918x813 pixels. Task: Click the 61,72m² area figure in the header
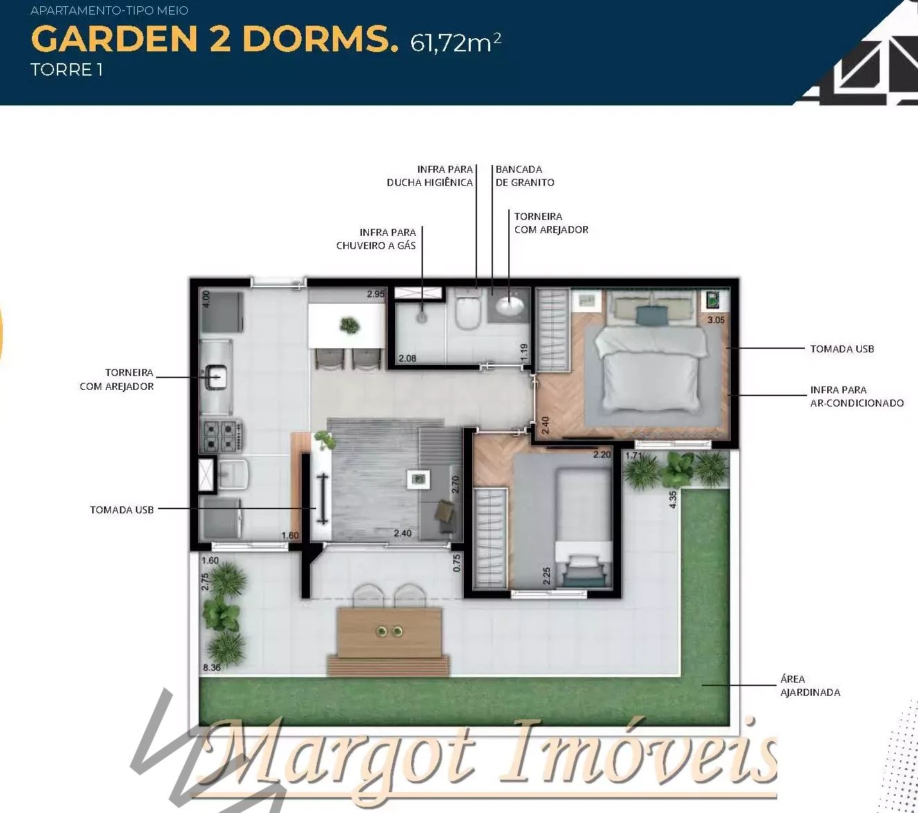click(456, 43)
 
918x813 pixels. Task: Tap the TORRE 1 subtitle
click(67, 70)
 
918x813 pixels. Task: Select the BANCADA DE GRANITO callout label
click(525, 176)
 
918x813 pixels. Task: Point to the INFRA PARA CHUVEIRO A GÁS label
click(376, 239)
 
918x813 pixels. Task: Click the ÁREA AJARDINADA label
click(810, 685)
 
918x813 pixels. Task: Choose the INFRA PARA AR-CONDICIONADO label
click(857, 396)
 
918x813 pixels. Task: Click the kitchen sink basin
click(216, 377)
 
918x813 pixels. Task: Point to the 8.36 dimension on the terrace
click(211, 667)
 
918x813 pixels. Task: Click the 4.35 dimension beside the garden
click(673, 499)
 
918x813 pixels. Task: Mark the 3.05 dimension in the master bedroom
click(716, 320)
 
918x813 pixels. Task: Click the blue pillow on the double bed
click(652, 315)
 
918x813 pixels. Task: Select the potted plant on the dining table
click(349, 325)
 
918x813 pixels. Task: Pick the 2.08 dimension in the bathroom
click(408, 358)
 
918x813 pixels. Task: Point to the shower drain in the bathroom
click(422, 318)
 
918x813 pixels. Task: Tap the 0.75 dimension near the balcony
click(457, 563)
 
